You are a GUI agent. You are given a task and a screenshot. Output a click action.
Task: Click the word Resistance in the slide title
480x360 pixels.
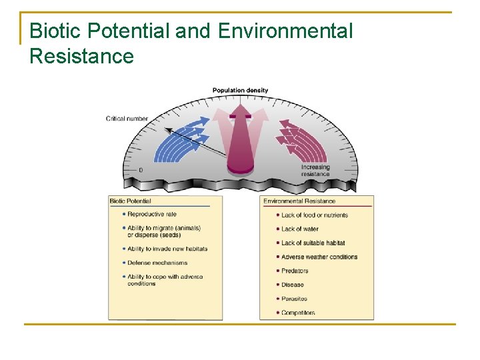point(81,56)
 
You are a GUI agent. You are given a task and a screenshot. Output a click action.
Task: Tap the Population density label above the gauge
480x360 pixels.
point(240,90)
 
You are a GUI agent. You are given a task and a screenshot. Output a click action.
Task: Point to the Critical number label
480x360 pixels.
point(127,119)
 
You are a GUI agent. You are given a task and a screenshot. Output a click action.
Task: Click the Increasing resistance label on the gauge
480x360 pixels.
point(315,171)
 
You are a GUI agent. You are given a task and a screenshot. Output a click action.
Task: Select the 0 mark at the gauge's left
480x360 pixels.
point(140,170)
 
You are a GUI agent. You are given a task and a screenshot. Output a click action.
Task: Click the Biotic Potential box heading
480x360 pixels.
point(131,201)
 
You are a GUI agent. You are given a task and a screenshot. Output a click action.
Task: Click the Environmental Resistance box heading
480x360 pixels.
point(299,201)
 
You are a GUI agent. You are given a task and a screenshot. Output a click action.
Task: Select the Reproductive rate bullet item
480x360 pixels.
point(151,214)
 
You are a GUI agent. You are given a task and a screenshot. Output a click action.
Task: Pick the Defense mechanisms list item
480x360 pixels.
point(157,263)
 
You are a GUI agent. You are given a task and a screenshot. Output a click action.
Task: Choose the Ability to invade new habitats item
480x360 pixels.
point(167,249)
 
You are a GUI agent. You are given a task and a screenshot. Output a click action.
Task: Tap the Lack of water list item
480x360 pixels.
point(299,229)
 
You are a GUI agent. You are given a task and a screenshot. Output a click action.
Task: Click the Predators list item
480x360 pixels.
point(295,271)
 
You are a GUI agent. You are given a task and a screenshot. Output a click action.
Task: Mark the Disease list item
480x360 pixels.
point(293,285)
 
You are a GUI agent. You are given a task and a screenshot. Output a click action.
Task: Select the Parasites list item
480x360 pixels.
point(294,299)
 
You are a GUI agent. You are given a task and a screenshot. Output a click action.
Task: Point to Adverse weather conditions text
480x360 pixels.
point(319,257)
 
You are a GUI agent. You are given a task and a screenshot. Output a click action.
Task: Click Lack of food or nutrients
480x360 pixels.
point(314,215)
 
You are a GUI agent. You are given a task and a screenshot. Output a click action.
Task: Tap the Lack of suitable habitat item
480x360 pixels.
point(313,243)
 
